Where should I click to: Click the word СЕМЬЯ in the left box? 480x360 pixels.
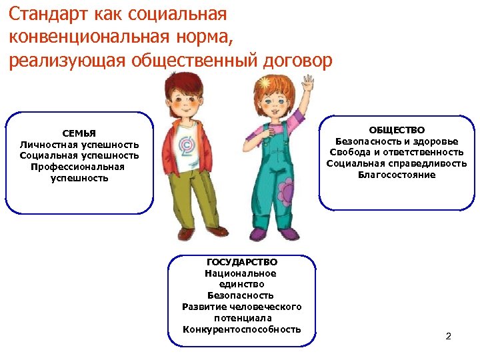pos(79,133)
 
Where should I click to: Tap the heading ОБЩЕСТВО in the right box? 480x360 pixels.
pos(397,130)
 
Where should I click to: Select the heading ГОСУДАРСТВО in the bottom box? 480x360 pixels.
pos(241,263)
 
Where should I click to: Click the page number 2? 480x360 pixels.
pos(448,335)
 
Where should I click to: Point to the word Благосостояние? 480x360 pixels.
pos(397,175)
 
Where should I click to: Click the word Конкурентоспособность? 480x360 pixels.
pos(241,329)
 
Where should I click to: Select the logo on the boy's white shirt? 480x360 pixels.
pos(185,146)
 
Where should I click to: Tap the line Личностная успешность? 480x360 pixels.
pos(79,145)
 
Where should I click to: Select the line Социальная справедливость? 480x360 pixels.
pos(397,164)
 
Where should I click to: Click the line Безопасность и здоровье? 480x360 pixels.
pos(397,141)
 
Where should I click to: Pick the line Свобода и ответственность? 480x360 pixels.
pos(397,153)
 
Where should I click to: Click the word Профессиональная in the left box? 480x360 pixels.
pos(77,167)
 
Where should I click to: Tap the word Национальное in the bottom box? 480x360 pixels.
pos(241,273)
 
